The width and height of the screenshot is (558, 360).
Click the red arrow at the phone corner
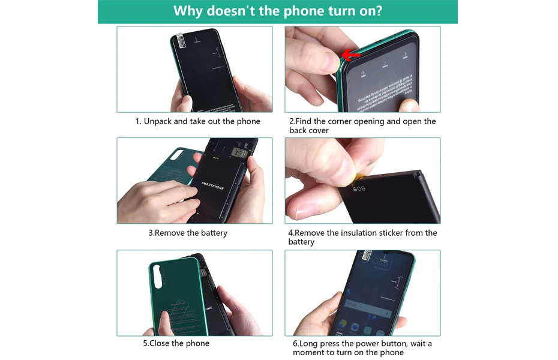351,56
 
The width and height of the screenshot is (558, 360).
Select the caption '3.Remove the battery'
188,233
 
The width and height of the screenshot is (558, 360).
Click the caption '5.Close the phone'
176,344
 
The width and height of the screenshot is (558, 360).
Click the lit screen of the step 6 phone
372,294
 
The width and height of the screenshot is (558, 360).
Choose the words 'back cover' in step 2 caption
309,130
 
